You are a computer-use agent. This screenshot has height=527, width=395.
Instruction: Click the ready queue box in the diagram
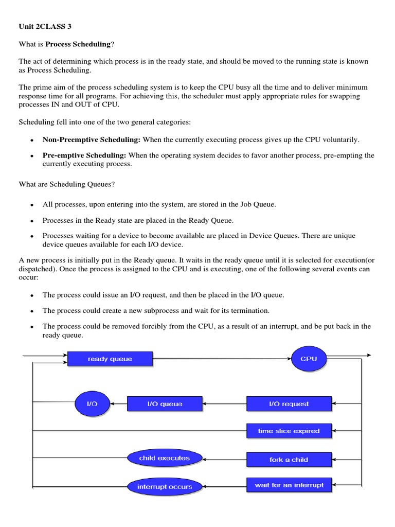(x=110, y=359)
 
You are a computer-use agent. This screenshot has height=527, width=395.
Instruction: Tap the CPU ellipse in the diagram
(x=309, y=359)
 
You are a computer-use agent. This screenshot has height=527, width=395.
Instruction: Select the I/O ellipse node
(x=92, y=404)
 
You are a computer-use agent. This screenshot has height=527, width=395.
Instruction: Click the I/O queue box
(x=165, y=404)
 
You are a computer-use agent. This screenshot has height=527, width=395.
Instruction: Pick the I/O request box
(x=289, y=404)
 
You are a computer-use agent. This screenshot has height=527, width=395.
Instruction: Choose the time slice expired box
(x=289, y=431)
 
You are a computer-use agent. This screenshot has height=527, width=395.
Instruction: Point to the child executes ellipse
(x=165, y=458)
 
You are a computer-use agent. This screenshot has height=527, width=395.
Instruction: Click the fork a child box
(x=289, y=459)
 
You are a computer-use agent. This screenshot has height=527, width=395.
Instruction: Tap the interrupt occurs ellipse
(x=165, y=486)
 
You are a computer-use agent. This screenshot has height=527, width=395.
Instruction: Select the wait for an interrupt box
(x=289, y=485)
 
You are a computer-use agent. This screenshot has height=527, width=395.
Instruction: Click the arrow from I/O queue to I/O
(x=119, y=405)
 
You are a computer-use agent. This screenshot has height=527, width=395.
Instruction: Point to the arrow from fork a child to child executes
(x=225, y=459)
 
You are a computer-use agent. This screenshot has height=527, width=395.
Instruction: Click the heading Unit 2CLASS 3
(x=42, y=26)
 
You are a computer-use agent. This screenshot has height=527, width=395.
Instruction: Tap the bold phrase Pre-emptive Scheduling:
(x=84, y=155)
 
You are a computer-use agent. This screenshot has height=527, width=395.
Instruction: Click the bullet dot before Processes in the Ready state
(x=32, y=221)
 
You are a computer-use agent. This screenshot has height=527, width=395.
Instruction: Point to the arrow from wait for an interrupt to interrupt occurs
(x=225, y=486)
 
